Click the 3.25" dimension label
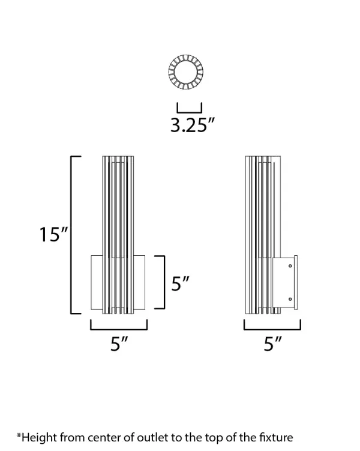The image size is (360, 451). [x=192, y=126]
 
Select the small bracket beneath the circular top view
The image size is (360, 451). [x=189, y=108]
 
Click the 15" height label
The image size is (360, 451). [x=53, y=235]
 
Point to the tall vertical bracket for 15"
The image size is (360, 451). [x=73, y=234]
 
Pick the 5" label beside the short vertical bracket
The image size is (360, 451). [x=181, y=283]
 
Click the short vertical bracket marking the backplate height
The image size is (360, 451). [x=162, y=282]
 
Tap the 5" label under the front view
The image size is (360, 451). [x=119, y=344]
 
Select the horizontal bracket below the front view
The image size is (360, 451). [x=119, y=326]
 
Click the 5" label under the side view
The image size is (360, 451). [x=273, y=344]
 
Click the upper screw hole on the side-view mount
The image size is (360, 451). [x=290, y=265]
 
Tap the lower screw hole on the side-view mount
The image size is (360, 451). [x=290, y=299]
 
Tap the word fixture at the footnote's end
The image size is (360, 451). [x=275, y=438]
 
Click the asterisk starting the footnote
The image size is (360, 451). [x=19, y=436]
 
